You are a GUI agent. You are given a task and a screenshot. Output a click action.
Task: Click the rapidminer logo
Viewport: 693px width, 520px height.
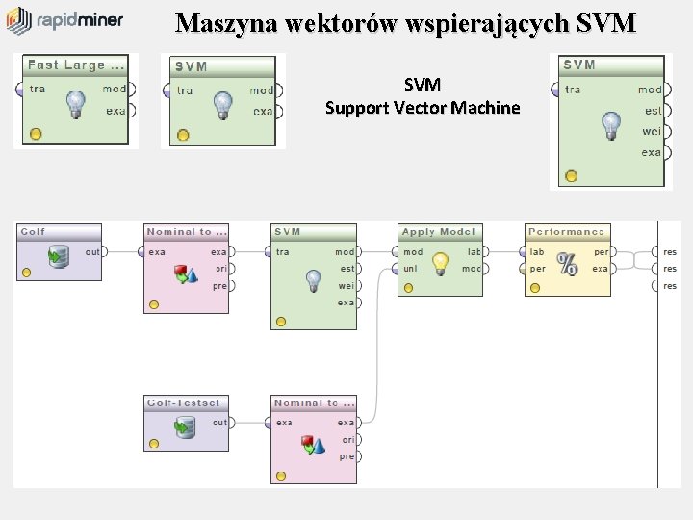pyautogui.click(x=64, y=20)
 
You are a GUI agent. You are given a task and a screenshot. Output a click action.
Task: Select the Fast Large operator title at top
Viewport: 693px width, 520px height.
pyautogui.click(x=76, y=65)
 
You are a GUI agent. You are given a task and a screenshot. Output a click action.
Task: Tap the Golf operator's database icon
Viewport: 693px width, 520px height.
pyautogui.click(x=60, y=256)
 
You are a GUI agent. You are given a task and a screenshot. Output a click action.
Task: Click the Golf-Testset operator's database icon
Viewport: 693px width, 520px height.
pyautogui.click(x=185, y=428)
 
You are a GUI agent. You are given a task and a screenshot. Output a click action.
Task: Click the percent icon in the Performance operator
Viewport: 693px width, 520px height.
pyautogui.click(x=568, y=263)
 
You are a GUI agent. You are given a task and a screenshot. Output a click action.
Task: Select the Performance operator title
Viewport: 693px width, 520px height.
pyautogui.click(x=567, y=232)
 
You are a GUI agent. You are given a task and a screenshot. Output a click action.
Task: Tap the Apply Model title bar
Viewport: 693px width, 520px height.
pyautogui.click(x=439, y=232)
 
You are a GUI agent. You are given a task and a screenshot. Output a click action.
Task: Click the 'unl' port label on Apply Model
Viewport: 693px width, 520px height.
pyautogui.click(x=411, y=269)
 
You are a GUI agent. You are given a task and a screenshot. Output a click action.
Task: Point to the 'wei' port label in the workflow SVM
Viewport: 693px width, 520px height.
pyautogui.click(x=346, y=286)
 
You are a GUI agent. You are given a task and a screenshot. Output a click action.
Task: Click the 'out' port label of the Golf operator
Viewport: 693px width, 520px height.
pyautogui.click(x=92, y=252)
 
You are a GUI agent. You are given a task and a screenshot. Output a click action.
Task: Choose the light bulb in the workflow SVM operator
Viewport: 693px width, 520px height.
pyautogui.click(x=313, y=280)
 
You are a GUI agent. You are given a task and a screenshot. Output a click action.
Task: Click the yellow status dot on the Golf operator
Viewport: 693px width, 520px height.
pyautogui.click(x=26, y=273)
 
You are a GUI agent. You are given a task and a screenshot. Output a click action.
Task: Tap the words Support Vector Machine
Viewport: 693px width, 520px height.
pyautogui.click(x=423, y=108)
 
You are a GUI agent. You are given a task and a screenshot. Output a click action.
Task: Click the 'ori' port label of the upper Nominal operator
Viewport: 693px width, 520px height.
pyautogui.click(x=220, y=269)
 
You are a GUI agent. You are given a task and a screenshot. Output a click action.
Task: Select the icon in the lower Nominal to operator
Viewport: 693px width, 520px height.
pyautogui.click(x=314, y=445)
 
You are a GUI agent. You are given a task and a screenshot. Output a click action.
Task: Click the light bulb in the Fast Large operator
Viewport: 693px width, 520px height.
pyautogui.click(x=76, y=106)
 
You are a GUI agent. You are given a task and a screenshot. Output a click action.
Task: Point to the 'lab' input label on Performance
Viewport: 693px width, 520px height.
pyautogui.click(x=537, y=252)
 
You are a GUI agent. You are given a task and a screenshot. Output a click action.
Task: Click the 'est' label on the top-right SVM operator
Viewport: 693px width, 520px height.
pyautogui.click(x=653, y=111)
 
